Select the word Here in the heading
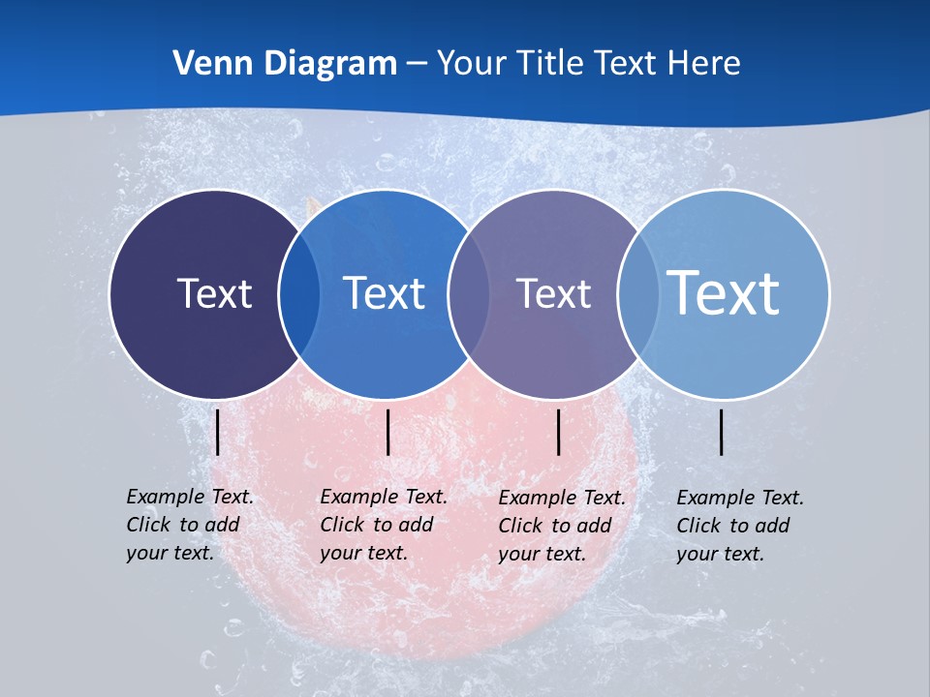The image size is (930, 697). click(x=703, y=64)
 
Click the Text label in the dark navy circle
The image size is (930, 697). click(x=214, y=293)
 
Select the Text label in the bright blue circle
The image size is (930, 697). click(x=385, y=293)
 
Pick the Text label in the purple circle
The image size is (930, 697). click(x=553, y=293)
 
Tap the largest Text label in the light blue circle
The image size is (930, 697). click(x=724, y=292)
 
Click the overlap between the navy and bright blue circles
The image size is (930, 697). click(x=299, y=294)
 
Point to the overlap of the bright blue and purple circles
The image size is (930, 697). click(x=469, y=294)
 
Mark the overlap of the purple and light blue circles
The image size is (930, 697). click(x=638, y=294)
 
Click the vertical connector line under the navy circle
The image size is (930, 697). click(x=218, y=432)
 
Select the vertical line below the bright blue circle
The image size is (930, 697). click(x=387, y=432)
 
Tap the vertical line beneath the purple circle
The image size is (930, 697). click(x=559, y=432)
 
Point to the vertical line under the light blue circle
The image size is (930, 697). click(x=722, y=432)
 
